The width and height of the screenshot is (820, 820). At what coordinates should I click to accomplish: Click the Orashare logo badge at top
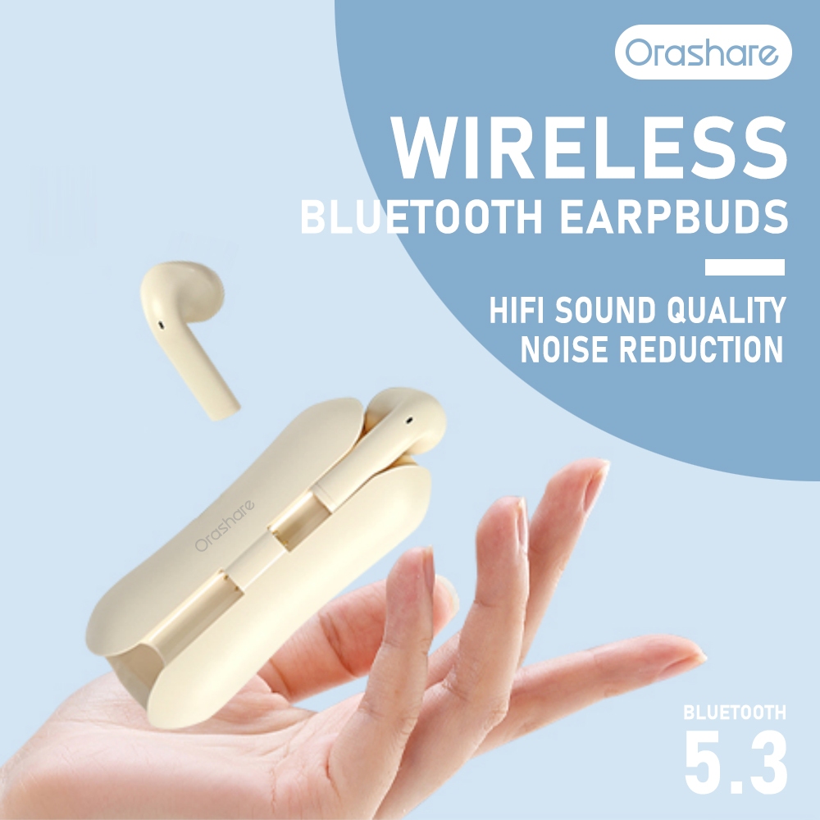click(703, 52)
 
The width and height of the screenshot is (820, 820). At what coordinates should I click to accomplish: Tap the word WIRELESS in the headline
click(590, 148)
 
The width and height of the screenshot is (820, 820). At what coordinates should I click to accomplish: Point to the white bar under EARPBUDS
click(745, 267)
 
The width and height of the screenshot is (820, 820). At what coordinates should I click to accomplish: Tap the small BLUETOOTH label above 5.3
click(735, 712)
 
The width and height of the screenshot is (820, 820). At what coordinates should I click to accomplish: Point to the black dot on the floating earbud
click(161, 326)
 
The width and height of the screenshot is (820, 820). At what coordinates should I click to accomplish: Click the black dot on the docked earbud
click(409, 419)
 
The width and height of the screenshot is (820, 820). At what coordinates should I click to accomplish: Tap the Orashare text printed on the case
click(225, 526)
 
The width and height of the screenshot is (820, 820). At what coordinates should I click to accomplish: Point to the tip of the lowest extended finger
click(703, 654)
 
